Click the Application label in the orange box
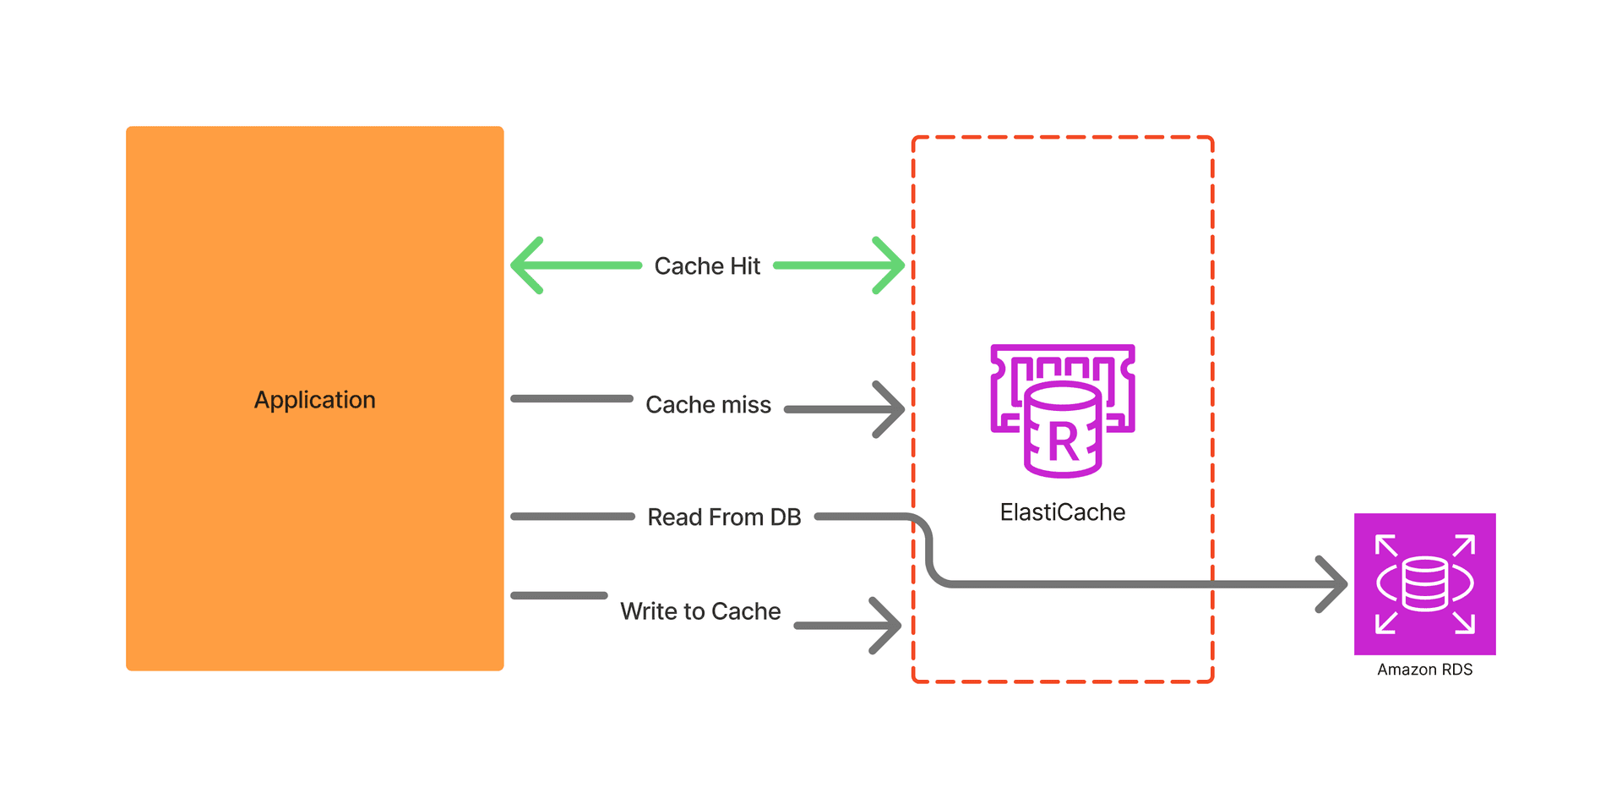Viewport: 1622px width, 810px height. (x=314, y=400)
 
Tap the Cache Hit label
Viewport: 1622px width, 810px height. (x=707, y=266)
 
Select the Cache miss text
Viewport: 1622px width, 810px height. (x=708, y=405)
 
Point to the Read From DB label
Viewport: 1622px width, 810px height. (x=724, y=517)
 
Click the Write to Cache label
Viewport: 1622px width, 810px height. (x=700, y=611)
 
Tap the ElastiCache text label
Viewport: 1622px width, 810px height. (x=1062, y=512)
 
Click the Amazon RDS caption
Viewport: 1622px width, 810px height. (x=1424, y=670)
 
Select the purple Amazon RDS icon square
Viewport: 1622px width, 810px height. (x=1424, y=583)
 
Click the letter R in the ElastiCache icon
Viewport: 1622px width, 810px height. (x=1063, y=443)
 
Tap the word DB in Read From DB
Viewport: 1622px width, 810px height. (x=785, y=517)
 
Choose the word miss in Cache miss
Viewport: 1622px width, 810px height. (x=745, y=405)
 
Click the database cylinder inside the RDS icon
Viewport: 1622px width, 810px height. (x=1424, y=583)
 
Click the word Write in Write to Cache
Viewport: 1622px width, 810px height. (x=648, y=611)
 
